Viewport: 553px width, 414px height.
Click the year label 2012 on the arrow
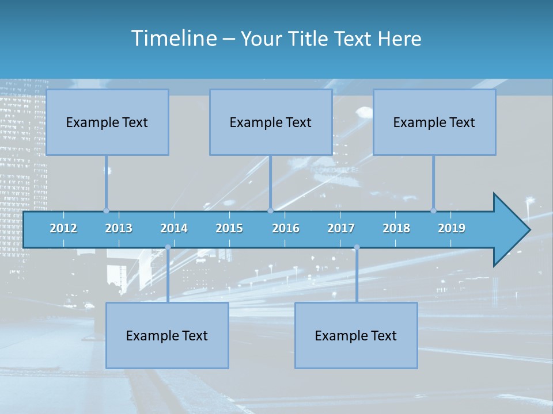tap(63, 228)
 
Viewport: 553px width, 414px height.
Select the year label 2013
tap(119, 228)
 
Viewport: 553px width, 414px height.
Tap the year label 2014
tap(174, 228)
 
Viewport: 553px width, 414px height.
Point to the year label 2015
tap(229, 228)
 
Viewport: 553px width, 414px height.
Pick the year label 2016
tap(286, 228)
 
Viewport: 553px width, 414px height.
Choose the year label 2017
tap(341, 228)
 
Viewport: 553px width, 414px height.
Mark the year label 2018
tap(396, 228)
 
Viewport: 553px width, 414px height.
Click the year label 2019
tap(452, 228)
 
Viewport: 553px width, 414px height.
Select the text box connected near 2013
tap(107, 122)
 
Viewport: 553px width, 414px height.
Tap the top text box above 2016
tap(271, 122)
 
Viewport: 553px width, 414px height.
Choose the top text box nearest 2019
tap(434, 122)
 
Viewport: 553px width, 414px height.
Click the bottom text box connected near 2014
tap(167, 336)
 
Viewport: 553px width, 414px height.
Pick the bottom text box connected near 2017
tap(356, 336)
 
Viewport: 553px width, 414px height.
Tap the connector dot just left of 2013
tap(106, 210)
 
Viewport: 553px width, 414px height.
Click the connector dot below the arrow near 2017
tap(357, 247)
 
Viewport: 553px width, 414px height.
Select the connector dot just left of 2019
tap(433, 210)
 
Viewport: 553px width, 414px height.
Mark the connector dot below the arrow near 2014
tap(168, 247)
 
